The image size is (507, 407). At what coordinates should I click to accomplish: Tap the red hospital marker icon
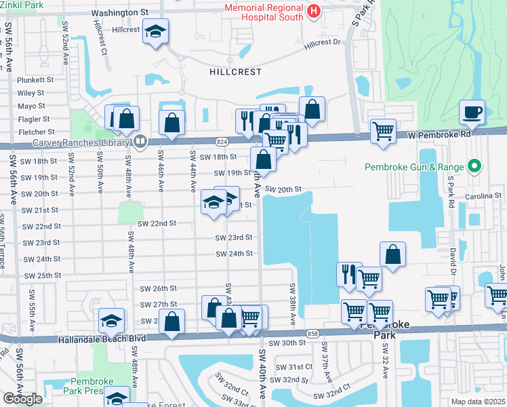coord(313,11)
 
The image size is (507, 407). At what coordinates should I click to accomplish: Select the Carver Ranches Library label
coord(81,143)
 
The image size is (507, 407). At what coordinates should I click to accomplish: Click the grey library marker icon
coord(140,142)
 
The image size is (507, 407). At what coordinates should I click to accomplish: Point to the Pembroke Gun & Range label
coord(413,167)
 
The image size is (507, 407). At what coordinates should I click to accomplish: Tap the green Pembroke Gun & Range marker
coord(475,166)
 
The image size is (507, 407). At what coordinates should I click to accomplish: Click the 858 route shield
coord(312,334)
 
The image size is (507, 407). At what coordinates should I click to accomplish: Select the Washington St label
coord(119,13)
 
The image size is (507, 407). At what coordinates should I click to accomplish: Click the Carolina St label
coord(483,196)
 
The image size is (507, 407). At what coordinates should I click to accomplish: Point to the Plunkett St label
coord(31,79)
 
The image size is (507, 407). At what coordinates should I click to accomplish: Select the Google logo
coord(22,398)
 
